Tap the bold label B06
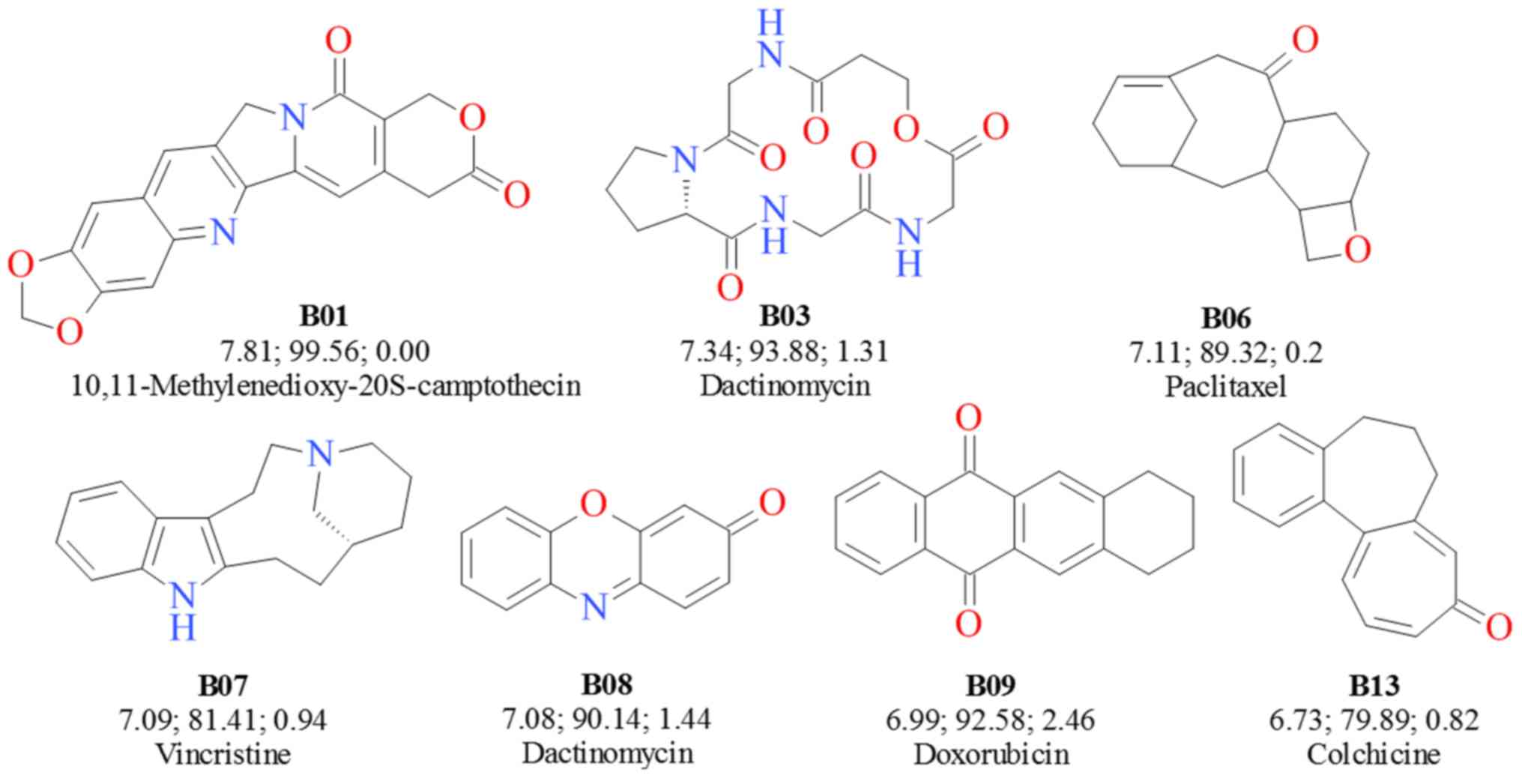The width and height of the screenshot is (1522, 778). (x=1226, y=318)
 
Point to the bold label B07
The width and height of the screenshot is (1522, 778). (x=223, y=684)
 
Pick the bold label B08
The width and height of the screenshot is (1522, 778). (x=607, y=684)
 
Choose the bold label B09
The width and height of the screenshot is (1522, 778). (x=991, y=684)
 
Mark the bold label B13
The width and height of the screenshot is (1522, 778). (x=1374, y=684)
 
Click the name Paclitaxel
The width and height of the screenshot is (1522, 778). (x=1226, y=386)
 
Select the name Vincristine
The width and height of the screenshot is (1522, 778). (x=223, y=753)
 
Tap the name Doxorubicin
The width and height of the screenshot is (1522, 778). (x=991, y=753)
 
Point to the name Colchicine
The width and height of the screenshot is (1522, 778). (x=1374, y=753)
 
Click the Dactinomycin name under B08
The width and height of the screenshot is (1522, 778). (x=607, y=753)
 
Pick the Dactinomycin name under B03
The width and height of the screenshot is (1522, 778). (x=785, y=385)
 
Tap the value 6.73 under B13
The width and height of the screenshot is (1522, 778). (x=1293, y=720)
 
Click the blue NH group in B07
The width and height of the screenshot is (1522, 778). (x=182, y=611)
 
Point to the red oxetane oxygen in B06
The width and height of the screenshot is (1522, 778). (x=1356, y=250)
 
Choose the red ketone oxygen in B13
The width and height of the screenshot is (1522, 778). (x=1498, y=627)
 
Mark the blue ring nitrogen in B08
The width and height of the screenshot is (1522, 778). (x=594, y=608)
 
